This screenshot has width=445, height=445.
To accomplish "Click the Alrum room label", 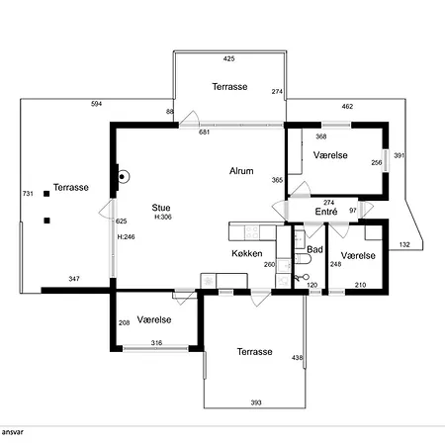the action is coord(241,171).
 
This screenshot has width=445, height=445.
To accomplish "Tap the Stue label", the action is coord(161,208).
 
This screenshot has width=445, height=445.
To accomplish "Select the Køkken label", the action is coord(247,253).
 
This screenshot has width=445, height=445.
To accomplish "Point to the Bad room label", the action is coord(314,249).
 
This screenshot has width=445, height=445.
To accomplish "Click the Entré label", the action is coord(326,212).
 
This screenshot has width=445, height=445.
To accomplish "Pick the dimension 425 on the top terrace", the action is coord(228,58).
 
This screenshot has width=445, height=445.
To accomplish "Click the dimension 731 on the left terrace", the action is coord(28,194).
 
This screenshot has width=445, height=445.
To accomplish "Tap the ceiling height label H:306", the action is coord(163,217).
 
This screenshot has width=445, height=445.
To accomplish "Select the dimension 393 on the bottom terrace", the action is coord(256,402).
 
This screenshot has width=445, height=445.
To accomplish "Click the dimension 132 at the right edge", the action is coord(404,244).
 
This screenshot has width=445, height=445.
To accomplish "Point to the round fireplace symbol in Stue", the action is coord(123,177).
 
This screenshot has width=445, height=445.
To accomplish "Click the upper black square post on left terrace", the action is coord(46,194).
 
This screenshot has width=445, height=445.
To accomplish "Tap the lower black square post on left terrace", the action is coord(46,221).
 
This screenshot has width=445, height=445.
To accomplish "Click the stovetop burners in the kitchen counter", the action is coord(252,231).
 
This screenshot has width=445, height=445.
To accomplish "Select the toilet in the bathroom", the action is coord(303,259).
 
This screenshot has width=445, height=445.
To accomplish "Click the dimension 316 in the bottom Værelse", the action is coord(156,343).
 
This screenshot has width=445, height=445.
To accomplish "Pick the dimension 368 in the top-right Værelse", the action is coord(320,136).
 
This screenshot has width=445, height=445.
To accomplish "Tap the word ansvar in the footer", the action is coord(13,432).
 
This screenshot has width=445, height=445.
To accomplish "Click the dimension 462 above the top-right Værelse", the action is coord(347,107).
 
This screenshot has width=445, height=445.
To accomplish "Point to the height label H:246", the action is coord(126,236).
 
